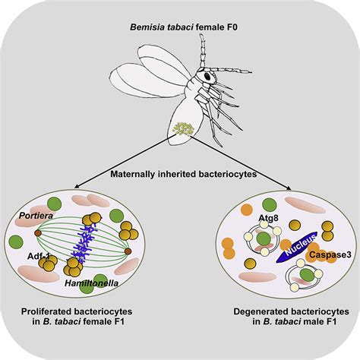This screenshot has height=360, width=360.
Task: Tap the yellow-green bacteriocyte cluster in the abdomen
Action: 183,126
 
